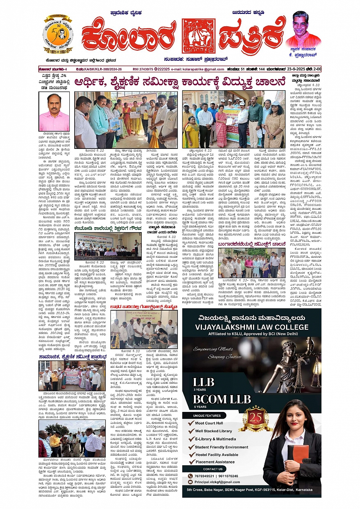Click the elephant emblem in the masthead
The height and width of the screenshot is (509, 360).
coord(198,36)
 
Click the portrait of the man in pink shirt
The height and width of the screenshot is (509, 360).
coord(54,112)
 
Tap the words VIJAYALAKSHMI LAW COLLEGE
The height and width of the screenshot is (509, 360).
coord(252,327)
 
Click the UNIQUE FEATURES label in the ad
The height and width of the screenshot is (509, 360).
coord(207,415)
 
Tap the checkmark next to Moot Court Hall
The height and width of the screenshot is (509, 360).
coord(192,423)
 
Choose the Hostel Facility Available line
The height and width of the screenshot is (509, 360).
coord(217,455)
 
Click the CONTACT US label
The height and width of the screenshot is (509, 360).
coord(213,469)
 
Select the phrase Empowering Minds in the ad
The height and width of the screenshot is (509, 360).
coord(216,349)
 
